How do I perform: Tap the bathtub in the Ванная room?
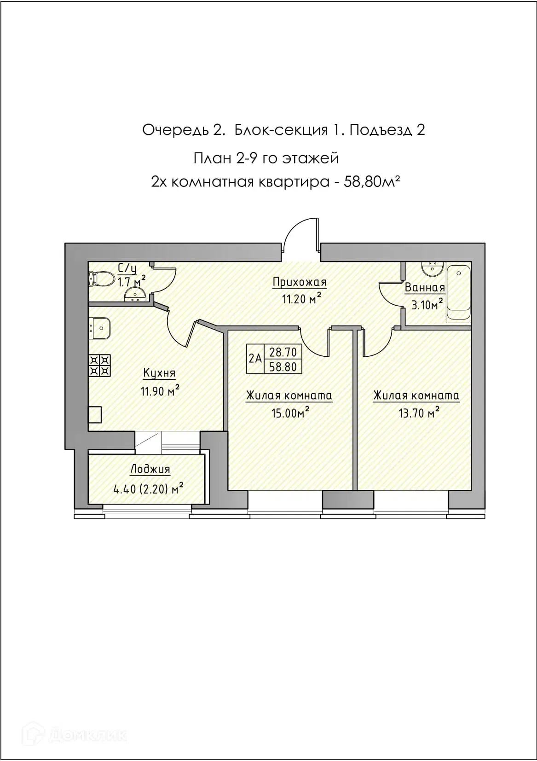(458, 292)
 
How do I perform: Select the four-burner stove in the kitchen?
(99, 366)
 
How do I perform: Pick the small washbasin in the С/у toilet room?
(135, 295)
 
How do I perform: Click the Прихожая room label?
(300, 282)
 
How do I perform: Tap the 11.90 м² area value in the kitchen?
(160, 391)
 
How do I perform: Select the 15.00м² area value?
(290, 413)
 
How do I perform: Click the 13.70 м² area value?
(419, 413)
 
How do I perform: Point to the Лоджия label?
(150, 469)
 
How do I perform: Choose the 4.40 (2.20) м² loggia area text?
(149, 489)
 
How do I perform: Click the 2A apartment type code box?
(255, 359)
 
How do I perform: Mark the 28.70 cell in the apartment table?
(283, 352)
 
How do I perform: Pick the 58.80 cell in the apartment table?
(283, 366)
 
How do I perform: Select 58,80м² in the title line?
(371, 182)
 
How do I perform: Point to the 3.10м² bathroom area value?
(427, 304)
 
